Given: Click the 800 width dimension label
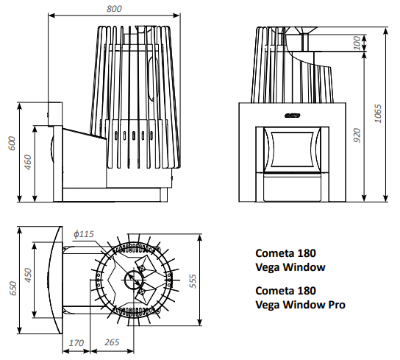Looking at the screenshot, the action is [114, 9].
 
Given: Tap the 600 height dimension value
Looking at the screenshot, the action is [12, 144].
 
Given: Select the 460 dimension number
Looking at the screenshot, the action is [28, 162].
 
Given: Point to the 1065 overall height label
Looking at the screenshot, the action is [378, 113].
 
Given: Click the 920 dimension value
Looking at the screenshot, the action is [357, 135].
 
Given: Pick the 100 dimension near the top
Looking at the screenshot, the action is [357, 43].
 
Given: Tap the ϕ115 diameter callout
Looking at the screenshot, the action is [84, 234].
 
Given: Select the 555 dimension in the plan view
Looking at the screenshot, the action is [193, 281].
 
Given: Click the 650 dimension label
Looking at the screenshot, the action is [12, 289].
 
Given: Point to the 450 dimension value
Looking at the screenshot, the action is [28, 275].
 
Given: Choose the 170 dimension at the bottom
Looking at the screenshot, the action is [76, 342].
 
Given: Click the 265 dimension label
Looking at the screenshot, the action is [112, 342].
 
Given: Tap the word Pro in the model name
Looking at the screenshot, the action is [337, 305].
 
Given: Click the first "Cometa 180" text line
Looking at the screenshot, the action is [286, 253].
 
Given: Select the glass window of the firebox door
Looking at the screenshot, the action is [293, 149].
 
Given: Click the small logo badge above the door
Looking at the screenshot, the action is [293, 116].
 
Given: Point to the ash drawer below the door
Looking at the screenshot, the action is [293, 188].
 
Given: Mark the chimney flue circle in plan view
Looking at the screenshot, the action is [133, 280].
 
